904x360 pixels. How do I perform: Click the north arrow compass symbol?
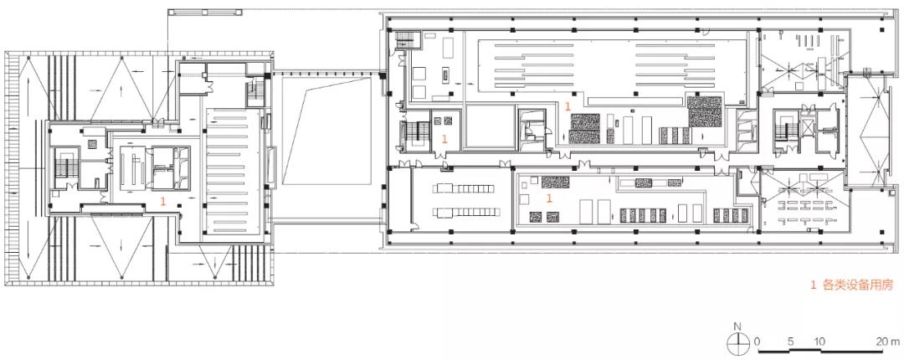tap(737, 342)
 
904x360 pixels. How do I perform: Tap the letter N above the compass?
tap(737, 327)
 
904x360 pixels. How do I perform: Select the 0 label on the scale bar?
tap(757, 341)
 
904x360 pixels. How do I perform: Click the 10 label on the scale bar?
tap(819, 341)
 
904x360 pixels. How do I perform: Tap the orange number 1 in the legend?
tap(814, 285)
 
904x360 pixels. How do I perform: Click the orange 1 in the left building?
tap(163, 201)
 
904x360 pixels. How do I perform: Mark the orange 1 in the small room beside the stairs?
tap(444, 138)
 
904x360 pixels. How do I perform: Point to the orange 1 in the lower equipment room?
tap(549, 198)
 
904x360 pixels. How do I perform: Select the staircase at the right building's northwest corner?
tap(405, 40)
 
